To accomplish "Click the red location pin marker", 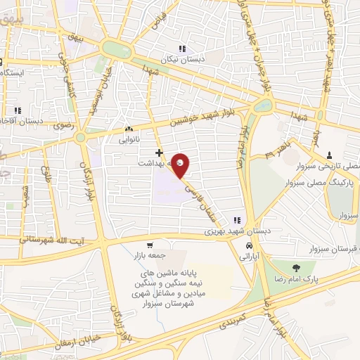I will coord(181,165).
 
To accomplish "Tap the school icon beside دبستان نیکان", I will coord(182,49).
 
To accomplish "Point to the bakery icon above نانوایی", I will coord(128,129).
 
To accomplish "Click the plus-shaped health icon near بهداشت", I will coord(160,152).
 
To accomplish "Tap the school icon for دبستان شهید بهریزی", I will coord(237,219).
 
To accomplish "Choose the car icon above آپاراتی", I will coord(250,246).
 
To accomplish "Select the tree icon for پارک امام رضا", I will coord(295,267).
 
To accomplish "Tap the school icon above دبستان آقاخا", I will coord(18,110).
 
